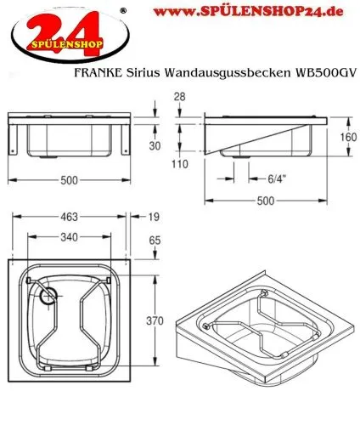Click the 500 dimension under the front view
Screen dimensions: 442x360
coord(71,180)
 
